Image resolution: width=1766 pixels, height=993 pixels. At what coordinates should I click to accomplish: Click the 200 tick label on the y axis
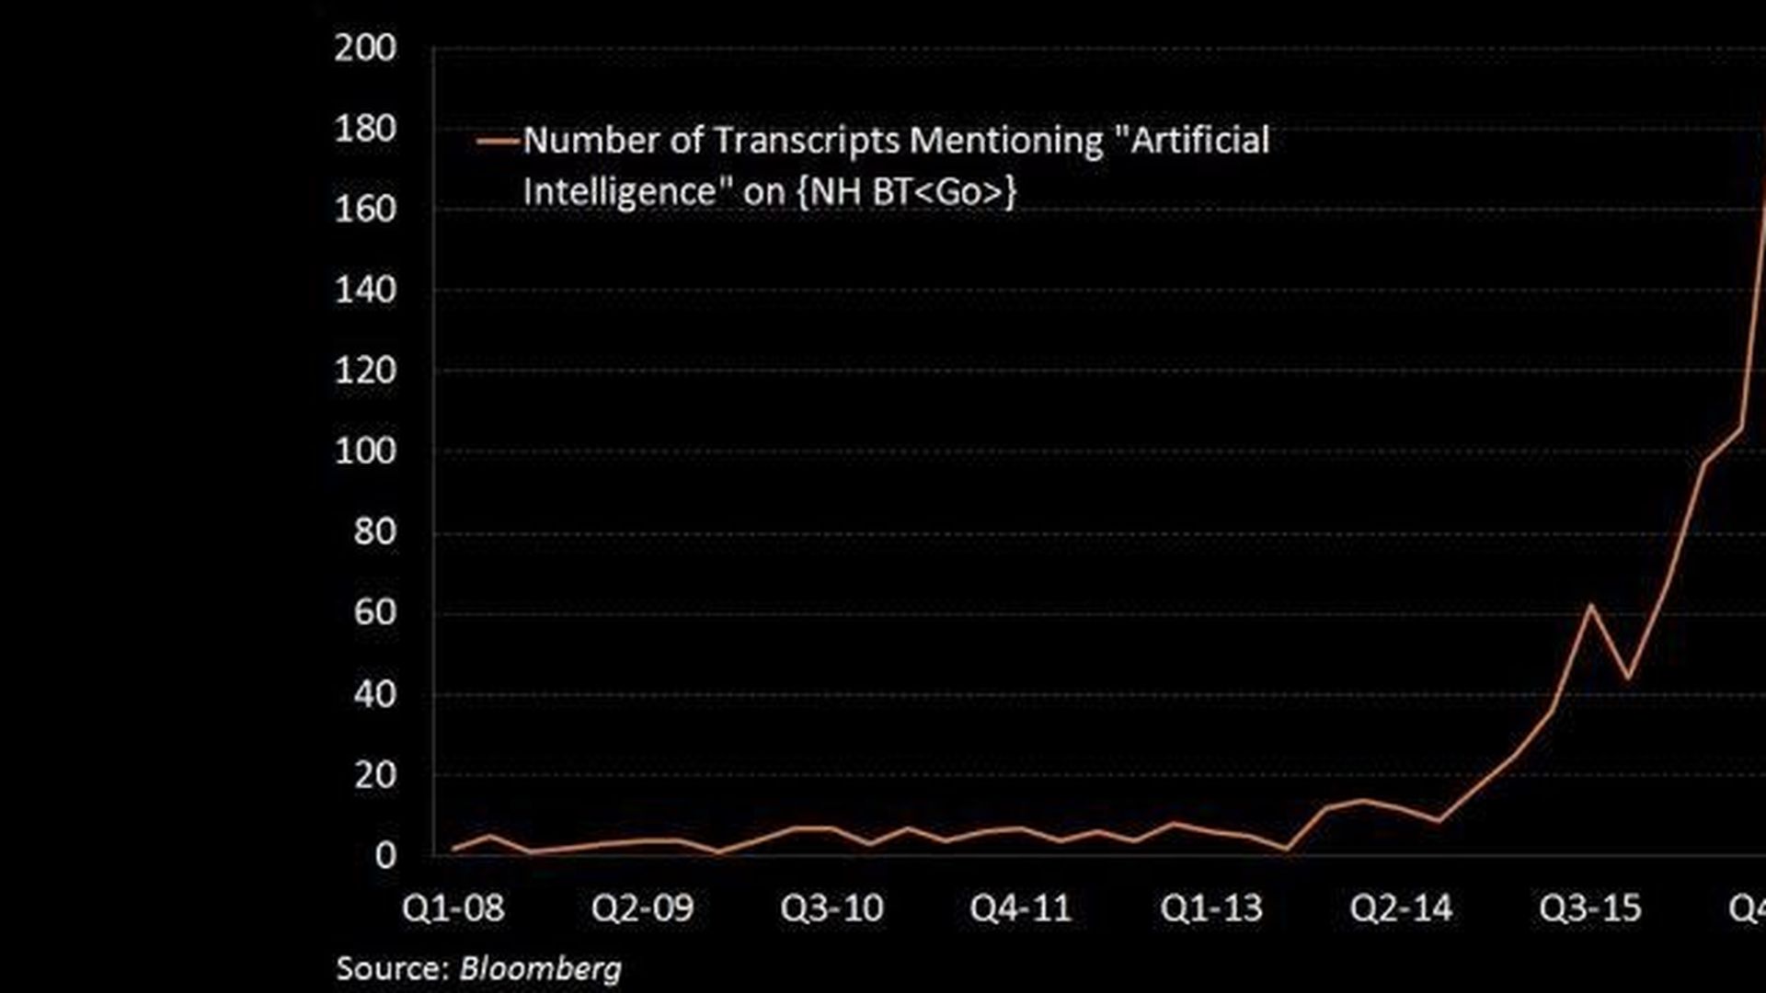tap(365, 49)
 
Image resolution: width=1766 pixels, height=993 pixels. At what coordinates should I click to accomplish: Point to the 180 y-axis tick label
tap(365, 130)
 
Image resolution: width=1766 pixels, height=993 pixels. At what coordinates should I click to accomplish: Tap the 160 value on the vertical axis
tap(365, 211)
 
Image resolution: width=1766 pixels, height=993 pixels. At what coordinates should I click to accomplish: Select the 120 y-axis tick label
tap(365, 371)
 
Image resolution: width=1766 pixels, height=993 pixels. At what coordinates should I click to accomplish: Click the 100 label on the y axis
tap(365, 452)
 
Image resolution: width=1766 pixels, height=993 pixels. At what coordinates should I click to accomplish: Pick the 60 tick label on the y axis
tap(374, 613)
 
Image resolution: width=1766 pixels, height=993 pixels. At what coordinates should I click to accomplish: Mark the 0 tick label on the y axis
tap(384, 856)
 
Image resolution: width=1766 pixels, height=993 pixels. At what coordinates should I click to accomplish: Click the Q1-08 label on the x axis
tap(453, 909)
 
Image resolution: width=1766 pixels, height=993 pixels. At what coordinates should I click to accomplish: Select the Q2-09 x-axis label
tap(642, 909)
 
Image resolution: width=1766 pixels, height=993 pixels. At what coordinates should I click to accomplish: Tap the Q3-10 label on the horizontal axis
tap(831, 909)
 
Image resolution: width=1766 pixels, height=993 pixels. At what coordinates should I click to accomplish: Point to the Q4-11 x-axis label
tap(1021, 909)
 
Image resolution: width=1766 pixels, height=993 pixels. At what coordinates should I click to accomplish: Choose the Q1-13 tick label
tap(1211, 909)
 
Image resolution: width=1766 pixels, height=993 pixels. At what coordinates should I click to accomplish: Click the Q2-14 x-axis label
tap(1401, 909)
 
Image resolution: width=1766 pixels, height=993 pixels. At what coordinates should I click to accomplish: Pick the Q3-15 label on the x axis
tap(1590, 909)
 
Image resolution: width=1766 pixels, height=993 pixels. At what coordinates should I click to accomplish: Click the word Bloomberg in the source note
tap(540, 969)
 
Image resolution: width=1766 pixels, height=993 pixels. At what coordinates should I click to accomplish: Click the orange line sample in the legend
tap(499, 142)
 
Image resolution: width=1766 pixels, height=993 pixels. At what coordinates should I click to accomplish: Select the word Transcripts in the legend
tap(806, 142)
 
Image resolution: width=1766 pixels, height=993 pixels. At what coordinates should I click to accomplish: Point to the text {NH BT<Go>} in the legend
tap(906, 193)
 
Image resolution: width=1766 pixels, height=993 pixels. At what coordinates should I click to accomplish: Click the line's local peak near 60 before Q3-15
tap(1590, 605)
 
